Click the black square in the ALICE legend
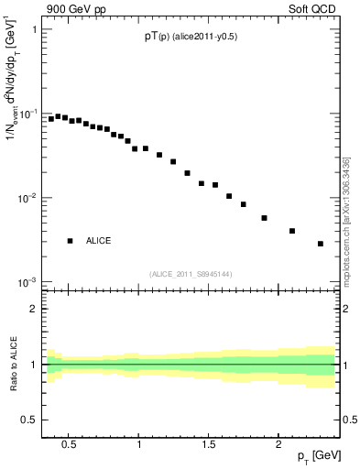70,241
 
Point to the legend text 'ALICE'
99,241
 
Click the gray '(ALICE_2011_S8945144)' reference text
192,274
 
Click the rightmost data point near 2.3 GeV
321,244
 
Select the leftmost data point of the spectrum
51,118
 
